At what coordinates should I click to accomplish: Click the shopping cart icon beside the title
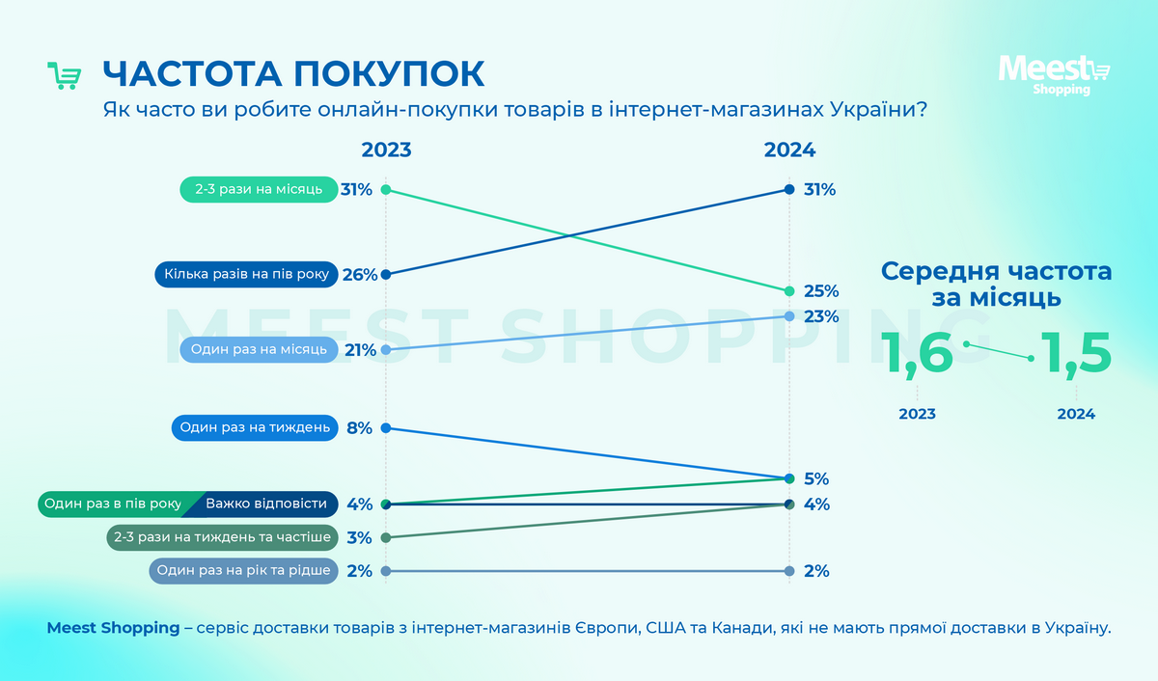pyautogui.click(x=64, y=76)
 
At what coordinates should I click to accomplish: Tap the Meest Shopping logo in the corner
pyautogui.click(x=1053, y=74)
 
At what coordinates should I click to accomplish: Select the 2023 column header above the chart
pyautogui.click(x=386, y=150)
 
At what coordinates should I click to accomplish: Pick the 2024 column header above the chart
pyautogui.click(x=789, y=150)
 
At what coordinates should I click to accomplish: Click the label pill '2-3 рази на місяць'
pyautogui.click(x=258, y=189)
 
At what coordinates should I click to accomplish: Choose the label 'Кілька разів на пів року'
pyautogui.click(x=246, y=275)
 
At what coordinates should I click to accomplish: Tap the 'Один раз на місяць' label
pyautogui.click(x=259, y=349)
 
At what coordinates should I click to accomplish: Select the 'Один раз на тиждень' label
pyautogui.click(x=254, y=427)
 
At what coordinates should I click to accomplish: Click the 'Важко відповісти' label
pyautogui.click(x=264, y=504)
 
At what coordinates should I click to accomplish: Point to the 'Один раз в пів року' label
pyautogui.click(x=113, y=504)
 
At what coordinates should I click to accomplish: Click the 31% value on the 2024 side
pyautogui.click(x=819, y=190)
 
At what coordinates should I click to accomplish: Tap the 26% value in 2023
pyautogui.click(x=359, y=275)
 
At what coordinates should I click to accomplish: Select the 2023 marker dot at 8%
pyautogui.click(x=386, y=427)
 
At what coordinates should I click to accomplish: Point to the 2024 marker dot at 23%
pyautogui.click(x=789, y=316)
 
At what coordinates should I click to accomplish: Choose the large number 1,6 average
pyautogui.click(x=920, y=353)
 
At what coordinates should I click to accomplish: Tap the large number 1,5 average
pyautogui.click(x=1075, y=353)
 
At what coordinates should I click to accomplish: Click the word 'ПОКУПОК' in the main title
pyautogui.click(x=390, y=75)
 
